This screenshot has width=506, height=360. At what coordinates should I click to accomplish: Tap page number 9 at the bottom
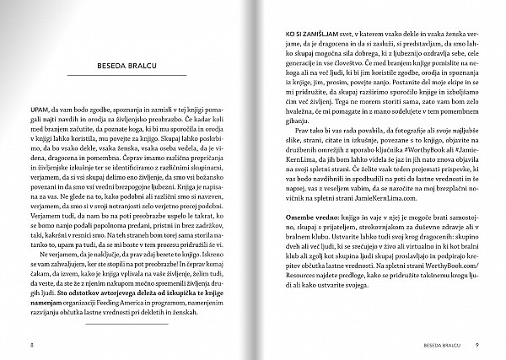476,346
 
